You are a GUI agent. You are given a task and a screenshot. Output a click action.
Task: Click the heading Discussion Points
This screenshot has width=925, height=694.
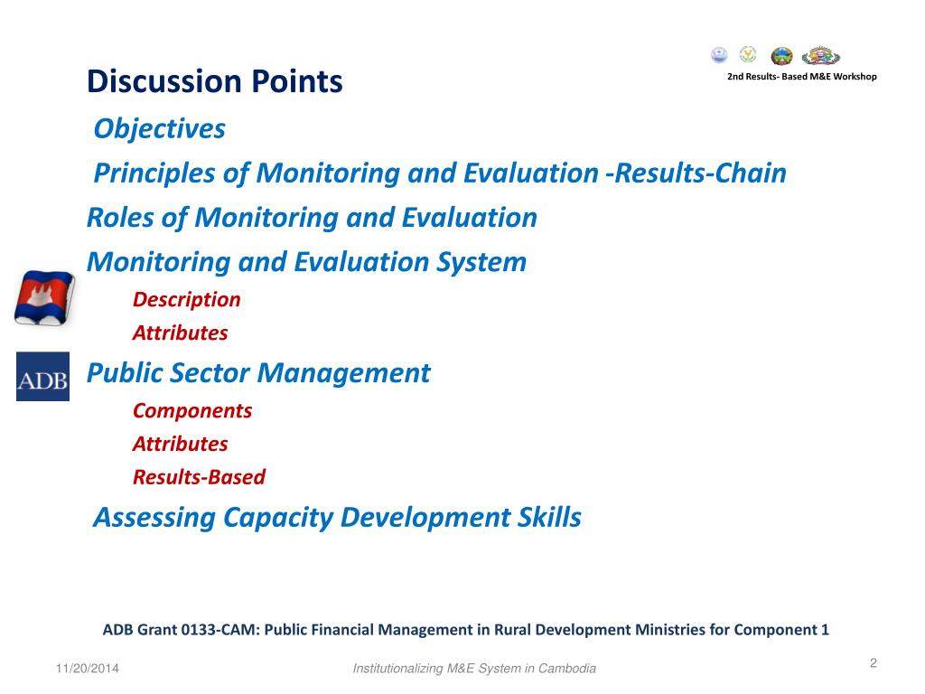[215, 81]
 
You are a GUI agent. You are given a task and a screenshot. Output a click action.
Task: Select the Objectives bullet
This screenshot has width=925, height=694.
[159, 128]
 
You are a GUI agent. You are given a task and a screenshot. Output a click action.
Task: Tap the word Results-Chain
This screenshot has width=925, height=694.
[700, 173]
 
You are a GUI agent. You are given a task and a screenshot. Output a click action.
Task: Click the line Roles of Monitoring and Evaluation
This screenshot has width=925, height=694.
[312, 218]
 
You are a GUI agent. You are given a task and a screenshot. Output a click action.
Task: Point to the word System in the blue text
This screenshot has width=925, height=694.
[481, 262]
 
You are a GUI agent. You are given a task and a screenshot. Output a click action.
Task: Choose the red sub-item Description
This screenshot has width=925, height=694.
[186, 300]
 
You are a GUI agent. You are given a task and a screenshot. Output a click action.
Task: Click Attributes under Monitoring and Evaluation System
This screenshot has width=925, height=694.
[180, 333]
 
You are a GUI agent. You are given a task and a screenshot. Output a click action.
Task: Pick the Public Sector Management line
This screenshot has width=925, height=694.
[258, 373]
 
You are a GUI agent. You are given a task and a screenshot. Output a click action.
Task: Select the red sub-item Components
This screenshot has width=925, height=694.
[192, 411]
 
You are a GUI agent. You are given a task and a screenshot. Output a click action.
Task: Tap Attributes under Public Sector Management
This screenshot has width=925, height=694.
[180, 444]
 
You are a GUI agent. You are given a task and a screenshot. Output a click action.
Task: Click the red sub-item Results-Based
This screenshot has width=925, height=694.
[199, 477]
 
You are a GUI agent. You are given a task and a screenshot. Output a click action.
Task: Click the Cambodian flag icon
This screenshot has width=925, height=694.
[45, 298]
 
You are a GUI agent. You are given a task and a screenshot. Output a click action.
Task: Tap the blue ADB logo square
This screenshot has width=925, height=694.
[42, 377]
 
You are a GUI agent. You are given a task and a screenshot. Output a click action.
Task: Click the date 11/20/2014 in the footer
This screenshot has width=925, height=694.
[88, 669]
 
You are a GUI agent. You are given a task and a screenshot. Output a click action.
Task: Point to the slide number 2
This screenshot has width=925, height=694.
[874, 663]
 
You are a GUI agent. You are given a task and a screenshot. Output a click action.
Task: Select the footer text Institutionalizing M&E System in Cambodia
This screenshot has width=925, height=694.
[474, 669]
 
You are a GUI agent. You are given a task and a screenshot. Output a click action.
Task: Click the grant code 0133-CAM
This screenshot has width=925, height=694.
[220, 630]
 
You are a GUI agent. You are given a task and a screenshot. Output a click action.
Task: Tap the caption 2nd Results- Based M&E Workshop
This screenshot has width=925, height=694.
[802, 77]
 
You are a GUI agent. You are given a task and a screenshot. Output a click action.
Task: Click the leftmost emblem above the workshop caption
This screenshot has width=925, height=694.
[719, 55]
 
